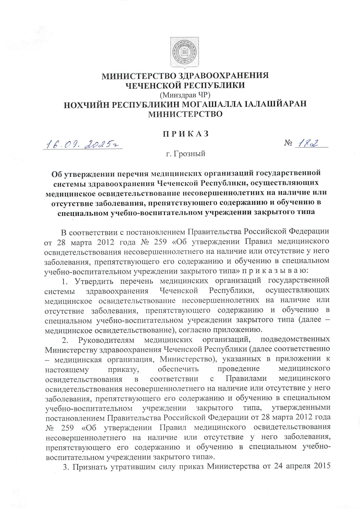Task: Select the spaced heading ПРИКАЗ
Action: coord(185,134)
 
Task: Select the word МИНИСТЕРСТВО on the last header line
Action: coord(186,114)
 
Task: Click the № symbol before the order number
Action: coord(288,144)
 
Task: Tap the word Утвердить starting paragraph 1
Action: coord(94,281)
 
